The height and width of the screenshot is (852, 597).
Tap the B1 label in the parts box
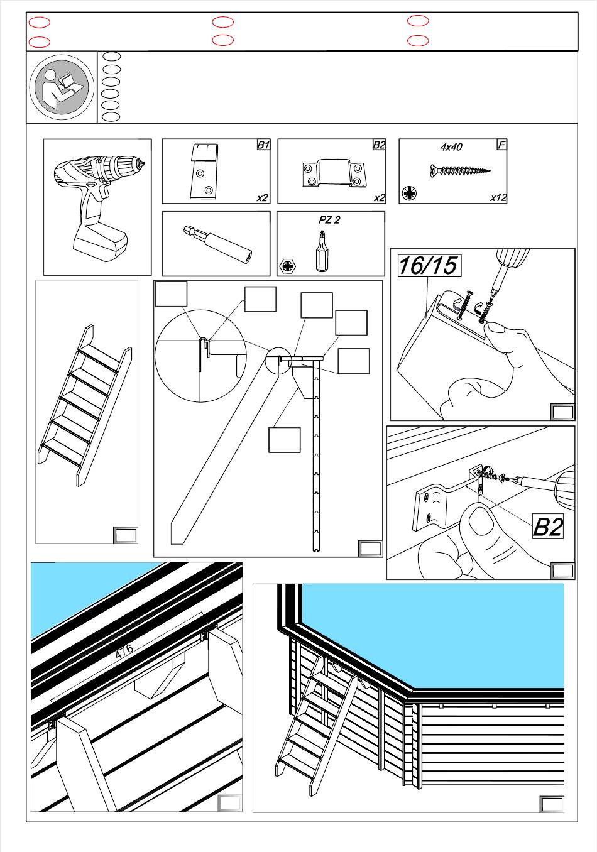click(263, 145)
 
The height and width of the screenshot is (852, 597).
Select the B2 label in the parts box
click(379, 145)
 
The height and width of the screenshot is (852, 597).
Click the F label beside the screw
click(501, 145)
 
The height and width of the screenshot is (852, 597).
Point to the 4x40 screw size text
click(451, 147)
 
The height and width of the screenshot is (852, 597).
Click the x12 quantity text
click(498, 197)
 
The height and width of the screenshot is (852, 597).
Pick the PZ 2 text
click(329, 221)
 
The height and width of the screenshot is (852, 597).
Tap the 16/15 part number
click(428, 266)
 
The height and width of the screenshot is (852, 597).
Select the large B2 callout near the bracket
click(547, 526)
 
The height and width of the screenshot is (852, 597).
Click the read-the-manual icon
click(62, 87)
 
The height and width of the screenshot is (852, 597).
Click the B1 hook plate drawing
click(205, 171)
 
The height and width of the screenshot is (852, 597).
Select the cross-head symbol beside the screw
click(409, 193)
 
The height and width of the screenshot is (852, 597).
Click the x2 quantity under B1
click(262, 197)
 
